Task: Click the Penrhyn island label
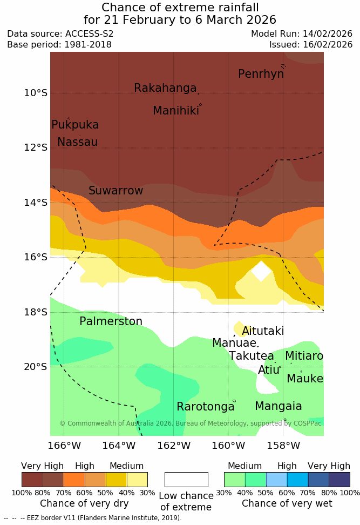pyautogui.click(x=261, y=74)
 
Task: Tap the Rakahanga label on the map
pyautogui.click(x=165, y=88)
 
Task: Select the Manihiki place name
pyautogui.click(x=175, y=111)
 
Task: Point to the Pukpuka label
pyautogui.click(x=75, y=125)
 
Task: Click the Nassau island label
pyautogui.click(x=77, y=142)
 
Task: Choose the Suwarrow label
pyautogui.click(x=116, y=191)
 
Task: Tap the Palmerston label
pyautogui.click(x=111, y=321)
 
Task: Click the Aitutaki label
pyautogui.click(x=263, y=331)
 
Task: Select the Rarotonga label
pyautogui.click(x=205, y=407)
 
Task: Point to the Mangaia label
pyautogui.click(x=278, y=406)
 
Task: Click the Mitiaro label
pyautogui.click(x=304, y=356)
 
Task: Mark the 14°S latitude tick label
pyautogui.click(x=36, y=203)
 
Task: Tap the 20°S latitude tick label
pyautogui.click(x=36, y=367)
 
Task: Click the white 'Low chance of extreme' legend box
pyautogui.click(x=186, y=480)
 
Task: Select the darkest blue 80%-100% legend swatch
pyautogui.click(x=339, y=480)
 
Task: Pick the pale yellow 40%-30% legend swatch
pyautogui.click(x=137, y=480)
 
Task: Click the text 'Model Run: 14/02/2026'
pyautogui.click(x=301, y=33)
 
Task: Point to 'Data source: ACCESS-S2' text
pyautogui.click(x=60, y=33)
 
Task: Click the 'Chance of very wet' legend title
pyautogui.click(x=287, y=503)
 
